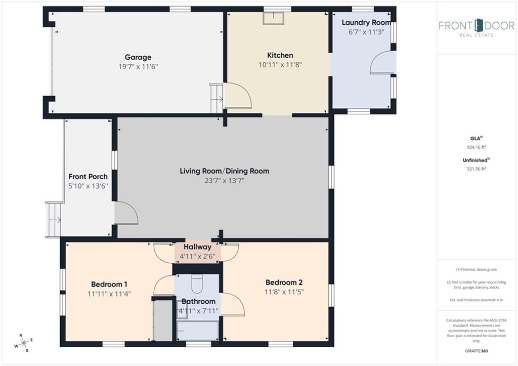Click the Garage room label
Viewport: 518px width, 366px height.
(x=138, y=57)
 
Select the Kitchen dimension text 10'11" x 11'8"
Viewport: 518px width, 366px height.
(x=280, y=65)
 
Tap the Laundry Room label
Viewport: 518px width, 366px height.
(x=366, y=22)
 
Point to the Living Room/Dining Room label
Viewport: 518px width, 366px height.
(x=224, y=171)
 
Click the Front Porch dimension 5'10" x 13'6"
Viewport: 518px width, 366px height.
(x=88, y=186)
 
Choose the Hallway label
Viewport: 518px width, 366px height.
(x=197, y=247)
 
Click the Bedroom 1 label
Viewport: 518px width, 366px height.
(x=109, y=284)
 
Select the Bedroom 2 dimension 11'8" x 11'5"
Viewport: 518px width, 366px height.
(x=284, y=292)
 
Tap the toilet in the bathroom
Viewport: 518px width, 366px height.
(x=197, y=283)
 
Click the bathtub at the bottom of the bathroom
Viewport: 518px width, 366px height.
(x=198, y=330)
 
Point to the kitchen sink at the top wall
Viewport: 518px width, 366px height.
(x=273, y=18)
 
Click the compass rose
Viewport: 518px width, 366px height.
(x=24, y=343)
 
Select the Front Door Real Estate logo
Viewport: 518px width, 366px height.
(x=477, y=28)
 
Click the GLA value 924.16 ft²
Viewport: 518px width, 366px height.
(x=476, y=147)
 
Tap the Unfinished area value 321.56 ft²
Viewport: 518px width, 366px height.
(x=476, y=169)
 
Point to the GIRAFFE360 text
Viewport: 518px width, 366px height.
(x=476, y=351)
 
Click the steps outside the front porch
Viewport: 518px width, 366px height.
(x=54, y=220)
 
